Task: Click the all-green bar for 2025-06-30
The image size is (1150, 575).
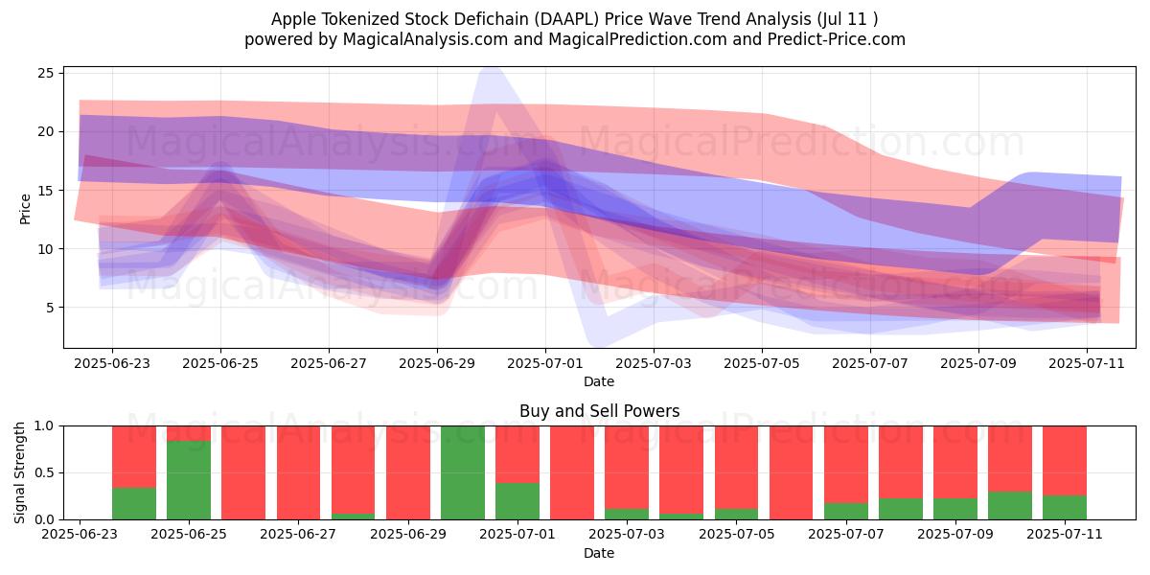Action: coord(463,472)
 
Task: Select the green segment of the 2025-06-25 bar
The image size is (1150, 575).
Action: coord(189,480)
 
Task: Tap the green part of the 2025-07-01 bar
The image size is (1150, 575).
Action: coord(517,501)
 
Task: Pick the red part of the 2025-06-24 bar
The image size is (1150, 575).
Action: coord(134,456)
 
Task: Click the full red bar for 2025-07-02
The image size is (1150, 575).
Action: coord(572,472)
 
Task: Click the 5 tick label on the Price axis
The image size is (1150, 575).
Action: coord(50,308)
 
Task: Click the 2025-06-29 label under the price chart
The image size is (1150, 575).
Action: coord(437,363)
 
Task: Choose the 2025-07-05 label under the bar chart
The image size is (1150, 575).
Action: coord(737,534)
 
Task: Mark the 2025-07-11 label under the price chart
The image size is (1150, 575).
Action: coord(1087,363)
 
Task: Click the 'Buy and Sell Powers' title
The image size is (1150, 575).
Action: coord(599,411)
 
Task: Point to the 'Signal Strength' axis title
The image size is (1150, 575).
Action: coord(19,472)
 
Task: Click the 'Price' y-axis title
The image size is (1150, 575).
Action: coord(25,209)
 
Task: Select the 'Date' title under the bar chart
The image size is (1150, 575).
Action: coord(599,553)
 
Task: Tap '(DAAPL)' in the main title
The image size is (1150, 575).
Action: coord(566,19)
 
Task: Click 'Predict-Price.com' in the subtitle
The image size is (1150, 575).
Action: coord(837,39)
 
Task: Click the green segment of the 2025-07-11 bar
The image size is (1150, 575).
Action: coord(1065,507)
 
